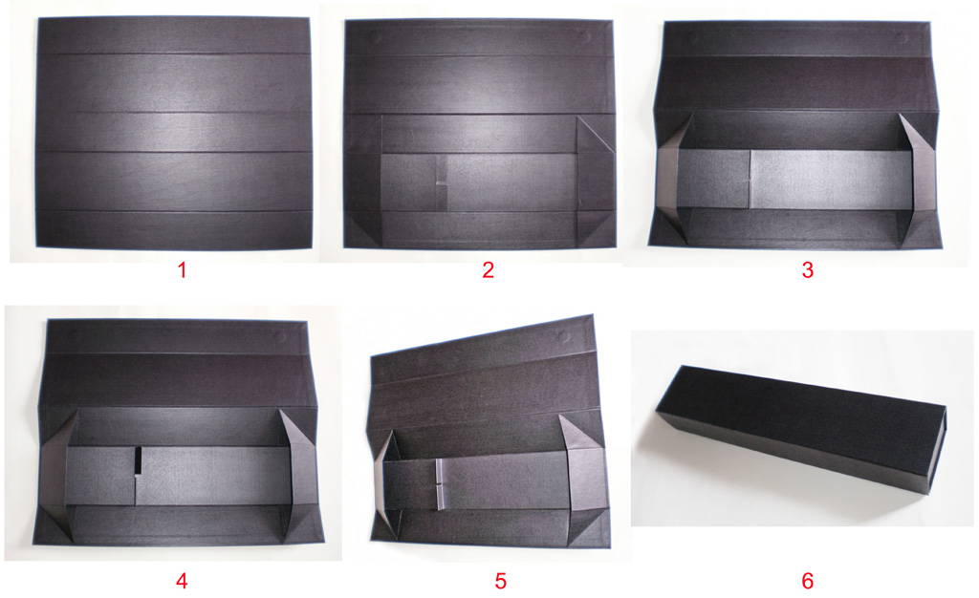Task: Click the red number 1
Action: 181,270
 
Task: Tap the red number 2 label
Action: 488,270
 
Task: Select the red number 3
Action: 807,270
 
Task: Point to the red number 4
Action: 182,579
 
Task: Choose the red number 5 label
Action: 500,579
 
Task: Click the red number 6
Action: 807,579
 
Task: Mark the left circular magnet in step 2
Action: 375,37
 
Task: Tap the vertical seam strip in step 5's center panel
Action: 439,482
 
